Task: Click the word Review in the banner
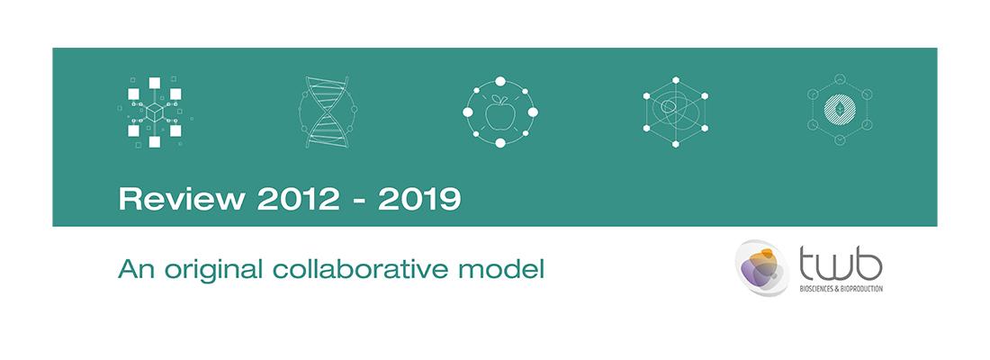[x=182, y=200]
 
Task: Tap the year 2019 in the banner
[x=419, y=200]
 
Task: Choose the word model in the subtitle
[x=502, y=270]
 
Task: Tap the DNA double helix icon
[x=327, y=112]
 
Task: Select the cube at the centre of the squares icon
[x=155, y=112]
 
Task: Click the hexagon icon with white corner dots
[x=676, y=112]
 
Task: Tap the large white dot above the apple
[x=500, y=81]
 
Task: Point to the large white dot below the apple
[x=500, y=143]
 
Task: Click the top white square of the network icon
[x=155, y=83]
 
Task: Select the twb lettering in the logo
[x=841, y=265]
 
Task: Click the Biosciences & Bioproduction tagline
[x=841, y=289]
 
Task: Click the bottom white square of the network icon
[x=155, y=142]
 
